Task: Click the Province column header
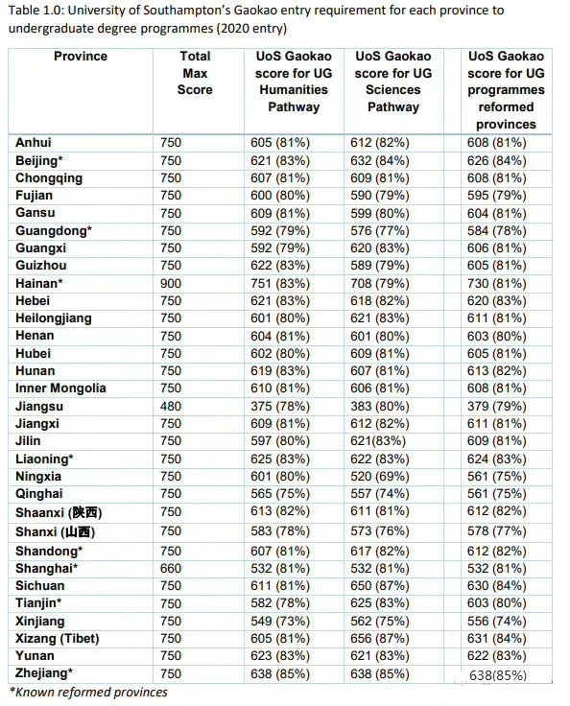pyautogui.click(x=81, y=57)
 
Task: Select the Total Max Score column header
pyautogui.click(x=195, y=73)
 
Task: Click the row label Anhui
pyautogui.click(x=34, y=143)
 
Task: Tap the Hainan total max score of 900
pyautogui.click(x=170, y=283)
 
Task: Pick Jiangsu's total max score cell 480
pyautogui.click(x=170, y=406)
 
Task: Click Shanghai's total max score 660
pyautogui.click(x=170, y=568)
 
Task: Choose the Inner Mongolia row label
pyautogui.click(x=60, y=388)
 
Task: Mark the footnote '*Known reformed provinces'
pyautogui.click(x=88, y=692)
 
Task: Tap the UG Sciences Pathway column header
pyautogui.click(x=392, y=82)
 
